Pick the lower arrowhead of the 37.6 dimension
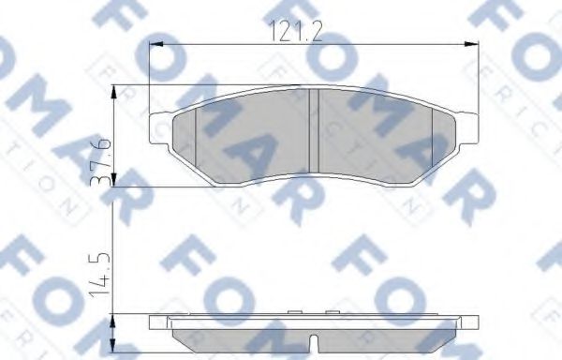tap(112, 183)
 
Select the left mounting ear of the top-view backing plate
tap(159, 128)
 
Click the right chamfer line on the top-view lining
tap(432, 139)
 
